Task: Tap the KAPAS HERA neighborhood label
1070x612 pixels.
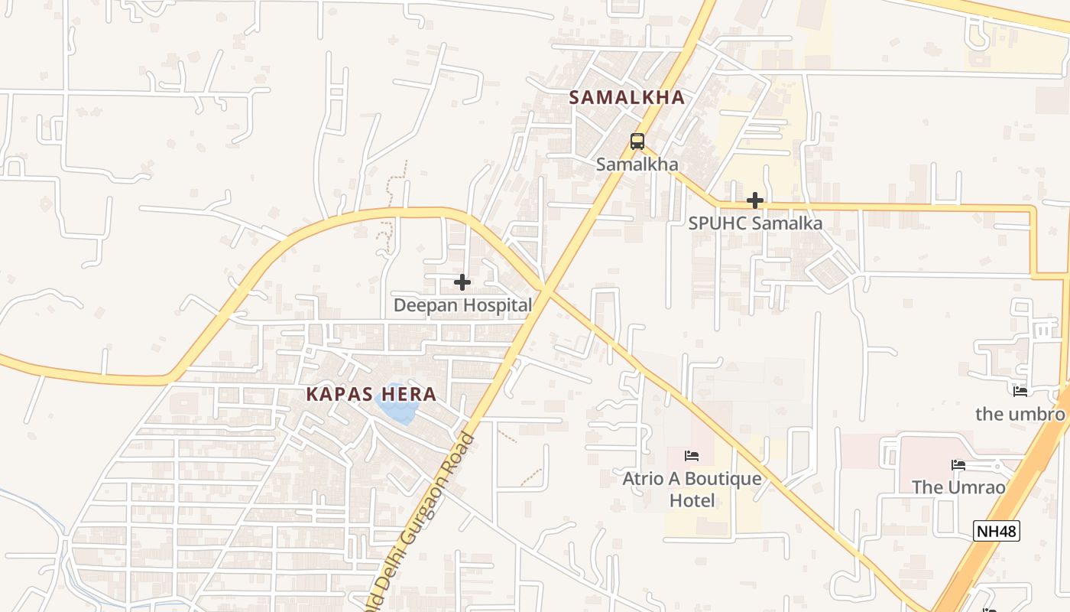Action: (371, 395)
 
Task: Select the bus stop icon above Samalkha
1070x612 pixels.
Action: (637, 142)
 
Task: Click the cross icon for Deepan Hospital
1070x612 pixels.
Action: (462, 282)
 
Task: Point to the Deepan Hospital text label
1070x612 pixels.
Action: (462, 305)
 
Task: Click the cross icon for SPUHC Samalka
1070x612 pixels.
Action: (755, 201)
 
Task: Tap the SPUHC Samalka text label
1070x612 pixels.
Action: (755, 223)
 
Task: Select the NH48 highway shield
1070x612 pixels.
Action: (997, 530)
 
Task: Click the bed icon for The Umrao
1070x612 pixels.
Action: (958, 465)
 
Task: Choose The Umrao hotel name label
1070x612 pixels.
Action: (958, 487)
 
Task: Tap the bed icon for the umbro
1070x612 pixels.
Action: (1020, 392)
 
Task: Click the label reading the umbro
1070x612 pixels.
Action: (1020, 415)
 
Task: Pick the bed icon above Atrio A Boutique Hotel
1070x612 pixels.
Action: (692, 457)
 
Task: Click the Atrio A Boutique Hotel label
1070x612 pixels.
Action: (692, 490)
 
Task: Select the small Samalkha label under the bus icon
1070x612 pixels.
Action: (637, 164)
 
